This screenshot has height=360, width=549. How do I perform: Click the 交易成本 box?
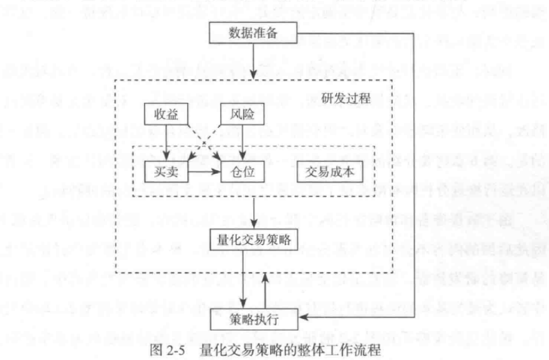325,171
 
